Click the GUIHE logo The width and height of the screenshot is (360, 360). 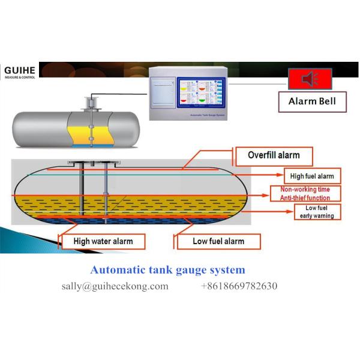tap(19, 71)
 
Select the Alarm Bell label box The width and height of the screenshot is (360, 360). tap(314, 101)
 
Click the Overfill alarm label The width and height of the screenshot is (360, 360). tap(274, 155)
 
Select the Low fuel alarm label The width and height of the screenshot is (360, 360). tap(218, 241)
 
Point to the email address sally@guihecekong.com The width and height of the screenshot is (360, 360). tap(115, 286)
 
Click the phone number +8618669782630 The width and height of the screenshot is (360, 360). tap(239, 286)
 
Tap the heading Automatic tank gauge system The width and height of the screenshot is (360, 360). tap(167, 271)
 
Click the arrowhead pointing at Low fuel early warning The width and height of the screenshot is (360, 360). tap(290, 208)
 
